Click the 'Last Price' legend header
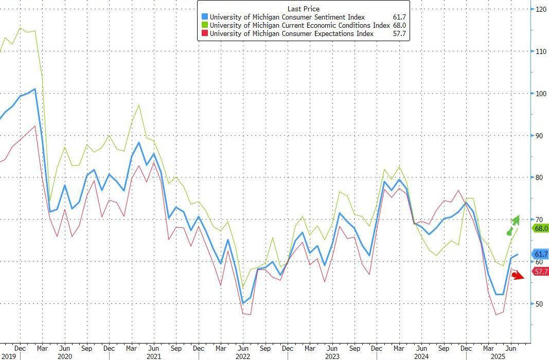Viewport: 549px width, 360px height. [304, 9]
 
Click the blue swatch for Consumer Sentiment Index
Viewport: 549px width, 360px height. [205, 17]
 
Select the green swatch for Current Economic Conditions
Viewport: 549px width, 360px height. [205, 26]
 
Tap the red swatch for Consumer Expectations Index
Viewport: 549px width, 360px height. [205, 34]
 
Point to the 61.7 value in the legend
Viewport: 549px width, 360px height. [399, 17]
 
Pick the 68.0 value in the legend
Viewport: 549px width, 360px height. [399, 26]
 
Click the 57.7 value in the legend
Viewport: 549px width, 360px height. [399, 34]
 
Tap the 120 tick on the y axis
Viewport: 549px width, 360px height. [541, 9]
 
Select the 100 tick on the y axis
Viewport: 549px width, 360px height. [541, 94]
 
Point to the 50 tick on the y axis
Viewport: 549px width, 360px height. [539, 304]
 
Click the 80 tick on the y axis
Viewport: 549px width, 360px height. [539, 177]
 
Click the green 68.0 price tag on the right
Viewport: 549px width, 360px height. [541, 228]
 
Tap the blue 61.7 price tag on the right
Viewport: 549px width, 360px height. [541, 254]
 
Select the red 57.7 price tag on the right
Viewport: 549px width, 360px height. [541, 272]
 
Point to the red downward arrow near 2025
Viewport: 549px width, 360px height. [517, 276]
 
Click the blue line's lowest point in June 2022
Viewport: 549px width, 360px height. [243, 303]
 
